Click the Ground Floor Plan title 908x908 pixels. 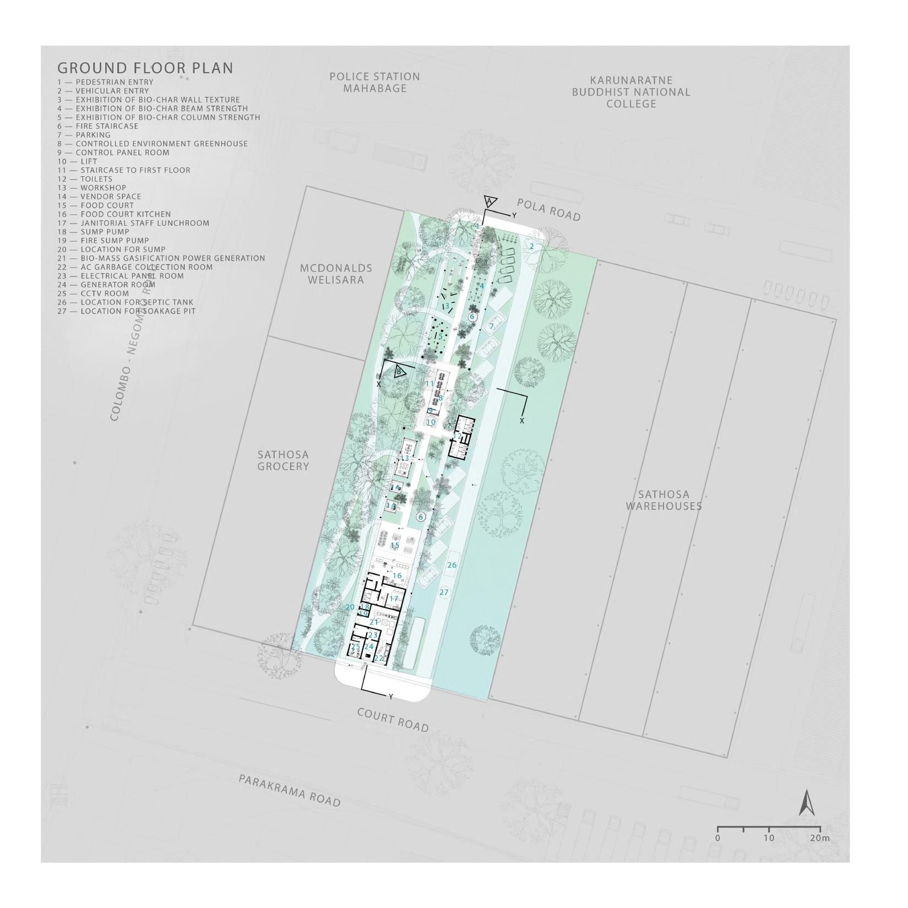pos(145,68)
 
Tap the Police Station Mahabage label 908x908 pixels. pos(374,83)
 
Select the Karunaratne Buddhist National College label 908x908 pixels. pos(631,92)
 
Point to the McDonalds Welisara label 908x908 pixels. pos(336,274)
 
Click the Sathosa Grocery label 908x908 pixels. pos(283,461)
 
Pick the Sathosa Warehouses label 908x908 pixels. pos(664,500)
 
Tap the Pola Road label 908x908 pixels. pos(549,210)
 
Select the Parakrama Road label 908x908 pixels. pos(290,791)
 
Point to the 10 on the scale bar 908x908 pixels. pos(769,838)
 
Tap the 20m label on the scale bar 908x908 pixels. pos(819,838)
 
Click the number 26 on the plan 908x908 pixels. pos(452,566)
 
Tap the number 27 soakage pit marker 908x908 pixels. pos(444,592)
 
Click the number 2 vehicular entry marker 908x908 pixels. pos(532,247)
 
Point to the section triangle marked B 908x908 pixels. pos(400,372)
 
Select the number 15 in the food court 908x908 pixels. pos(395,546)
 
